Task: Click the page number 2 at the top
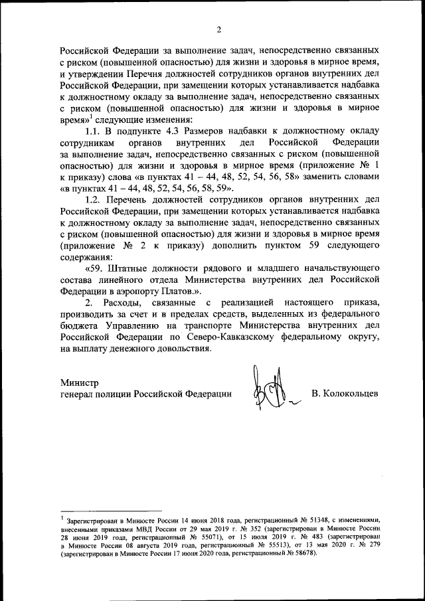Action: pyautogui.click(x=218, y=29)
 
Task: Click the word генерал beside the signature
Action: pyautogui.click(x=78, y=393)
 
